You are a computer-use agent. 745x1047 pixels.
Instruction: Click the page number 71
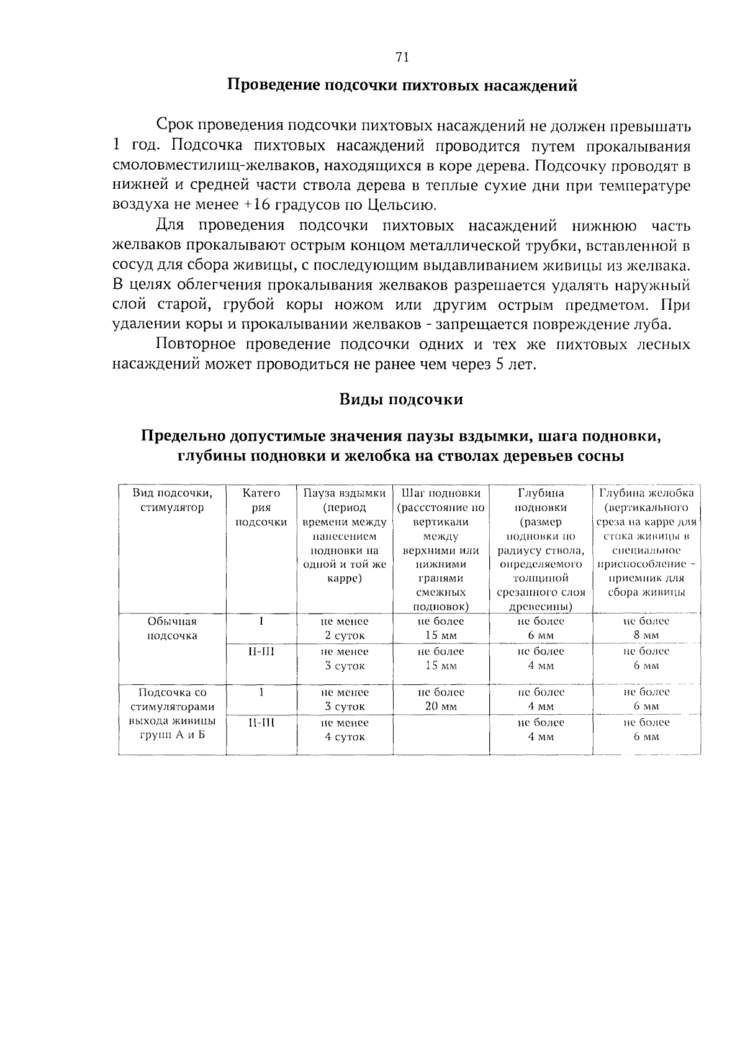point(402,58)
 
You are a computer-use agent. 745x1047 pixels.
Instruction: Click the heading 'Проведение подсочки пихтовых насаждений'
point(402,86)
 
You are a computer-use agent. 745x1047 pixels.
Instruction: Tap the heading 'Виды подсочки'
point(401,399)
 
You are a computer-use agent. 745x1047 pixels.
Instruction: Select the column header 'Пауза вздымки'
point(345,493)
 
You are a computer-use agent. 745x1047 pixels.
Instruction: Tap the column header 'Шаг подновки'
point(441,493)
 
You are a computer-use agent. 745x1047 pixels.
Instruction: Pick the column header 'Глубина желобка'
point(646,493)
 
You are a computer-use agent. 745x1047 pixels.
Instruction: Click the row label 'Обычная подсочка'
point(172,628)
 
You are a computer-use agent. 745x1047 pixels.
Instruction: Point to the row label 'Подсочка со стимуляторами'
point(172,699)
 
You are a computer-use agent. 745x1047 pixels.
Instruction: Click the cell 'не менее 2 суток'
point(345,628)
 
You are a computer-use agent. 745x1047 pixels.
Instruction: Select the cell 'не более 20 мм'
point(441,699)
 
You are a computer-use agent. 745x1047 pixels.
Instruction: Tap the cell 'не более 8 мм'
point(646,628)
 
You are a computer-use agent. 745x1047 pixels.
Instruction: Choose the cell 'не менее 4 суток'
point(345,730)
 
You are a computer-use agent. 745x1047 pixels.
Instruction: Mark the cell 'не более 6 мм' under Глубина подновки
point(541,628)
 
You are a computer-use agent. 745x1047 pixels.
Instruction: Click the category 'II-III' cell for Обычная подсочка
point(261,651)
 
